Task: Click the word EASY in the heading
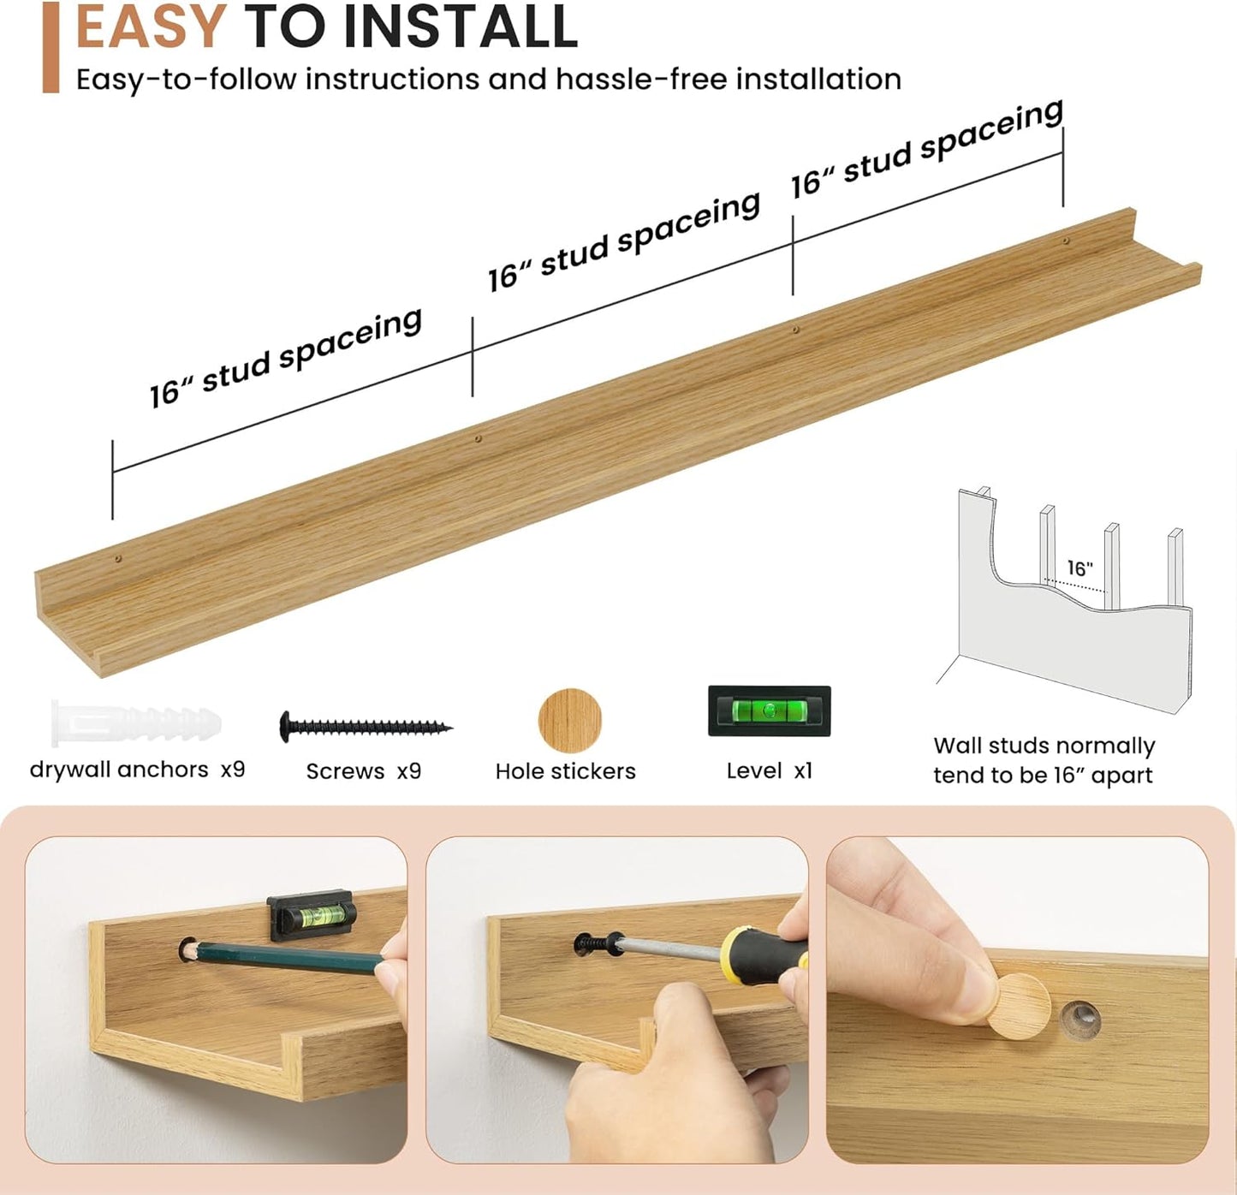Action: point(151,26)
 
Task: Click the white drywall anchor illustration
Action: point(136,722)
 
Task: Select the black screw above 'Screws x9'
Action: point(366,727)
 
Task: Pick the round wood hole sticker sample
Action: point(569,721)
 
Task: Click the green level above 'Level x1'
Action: point(769,710)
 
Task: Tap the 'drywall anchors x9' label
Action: point(137,770)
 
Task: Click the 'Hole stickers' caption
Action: point(565,771)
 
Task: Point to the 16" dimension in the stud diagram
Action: point(1080,568)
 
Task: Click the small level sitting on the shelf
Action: point(312,914)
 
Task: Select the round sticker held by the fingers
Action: point(1019,1007)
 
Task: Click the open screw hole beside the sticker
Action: point(1080,1021)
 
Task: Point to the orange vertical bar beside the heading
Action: point(51,48)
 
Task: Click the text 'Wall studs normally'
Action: point(1044,746)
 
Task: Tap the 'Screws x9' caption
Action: point(364,771)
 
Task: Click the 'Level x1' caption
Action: point(769,771)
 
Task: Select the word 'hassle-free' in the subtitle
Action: point(640,80)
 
